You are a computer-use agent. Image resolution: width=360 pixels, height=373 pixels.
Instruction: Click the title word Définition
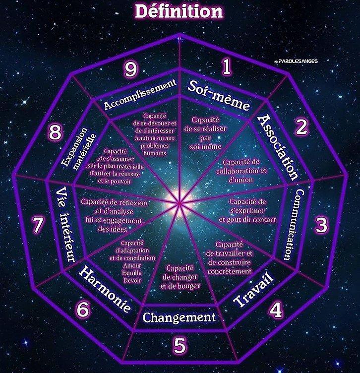pos(179,12)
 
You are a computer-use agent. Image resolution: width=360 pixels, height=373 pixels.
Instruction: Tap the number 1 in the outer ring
pos(227,66)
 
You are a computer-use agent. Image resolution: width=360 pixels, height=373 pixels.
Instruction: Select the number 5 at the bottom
pos(180,345)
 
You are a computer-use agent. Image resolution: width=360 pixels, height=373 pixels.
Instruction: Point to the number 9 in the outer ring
pos(131,70)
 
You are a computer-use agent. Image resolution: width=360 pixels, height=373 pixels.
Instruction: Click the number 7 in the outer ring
pos(38,224)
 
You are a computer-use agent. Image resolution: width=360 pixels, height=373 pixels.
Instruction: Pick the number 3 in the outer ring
pos(321,225)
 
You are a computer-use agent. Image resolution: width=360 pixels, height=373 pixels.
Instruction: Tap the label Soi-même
pos(219,96)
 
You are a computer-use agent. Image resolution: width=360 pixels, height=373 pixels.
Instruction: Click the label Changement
pos(179,317)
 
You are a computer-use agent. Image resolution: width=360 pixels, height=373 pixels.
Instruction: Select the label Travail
pos(253,289)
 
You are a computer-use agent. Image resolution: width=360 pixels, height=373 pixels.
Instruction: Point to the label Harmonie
pos(105,289)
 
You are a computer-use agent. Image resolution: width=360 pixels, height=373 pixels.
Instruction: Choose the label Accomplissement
pos(140,94)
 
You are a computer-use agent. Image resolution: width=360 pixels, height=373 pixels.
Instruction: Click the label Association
pos(278,147)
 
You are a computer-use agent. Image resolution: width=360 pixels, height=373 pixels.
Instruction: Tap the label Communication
pos(294,225)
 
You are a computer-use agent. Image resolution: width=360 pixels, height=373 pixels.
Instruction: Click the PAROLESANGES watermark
pos(296,61)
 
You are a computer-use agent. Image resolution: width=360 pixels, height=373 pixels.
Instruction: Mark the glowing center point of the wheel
pos(180,203)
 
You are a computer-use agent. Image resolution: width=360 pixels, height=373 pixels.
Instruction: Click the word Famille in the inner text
pos(132,273)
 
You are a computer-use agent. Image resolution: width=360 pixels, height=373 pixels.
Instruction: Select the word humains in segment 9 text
pos(155,153)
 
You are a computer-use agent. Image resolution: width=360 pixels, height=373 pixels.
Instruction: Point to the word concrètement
pos(230,271)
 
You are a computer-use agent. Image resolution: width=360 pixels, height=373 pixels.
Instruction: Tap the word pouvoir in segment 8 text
pos(115,181)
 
